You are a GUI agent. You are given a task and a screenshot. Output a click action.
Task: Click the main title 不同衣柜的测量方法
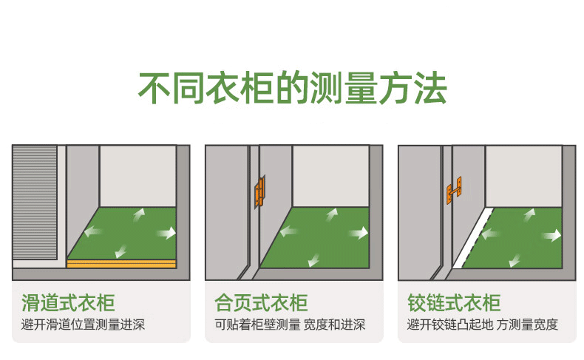[x=293, y=88]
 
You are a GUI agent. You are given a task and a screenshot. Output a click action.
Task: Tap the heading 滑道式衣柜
[x=68, y=302]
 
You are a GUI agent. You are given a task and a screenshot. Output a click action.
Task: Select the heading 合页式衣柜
[x=261, y=302]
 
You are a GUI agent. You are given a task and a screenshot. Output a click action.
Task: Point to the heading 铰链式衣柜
[x=454, y=302]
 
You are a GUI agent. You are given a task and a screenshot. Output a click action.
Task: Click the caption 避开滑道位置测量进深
[x=83, y=325]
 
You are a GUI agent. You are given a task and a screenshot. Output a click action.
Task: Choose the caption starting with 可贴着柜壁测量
[x=290, y=325]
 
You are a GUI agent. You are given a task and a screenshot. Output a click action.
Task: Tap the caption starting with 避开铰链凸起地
[x=483, y=325]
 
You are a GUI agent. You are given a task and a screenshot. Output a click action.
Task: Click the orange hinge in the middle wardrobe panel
[x=260, y=191]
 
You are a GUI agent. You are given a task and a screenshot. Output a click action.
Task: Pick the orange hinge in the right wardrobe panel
[x=455, y=191]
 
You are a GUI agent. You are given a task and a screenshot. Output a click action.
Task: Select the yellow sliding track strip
[x=121, y=264]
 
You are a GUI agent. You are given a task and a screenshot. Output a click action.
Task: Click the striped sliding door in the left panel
[x=35, y=202]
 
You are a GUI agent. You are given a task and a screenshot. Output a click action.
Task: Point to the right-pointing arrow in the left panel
[x=166, y=233]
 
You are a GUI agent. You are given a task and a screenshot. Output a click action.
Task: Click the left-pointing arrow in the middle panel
[x=288, y=231]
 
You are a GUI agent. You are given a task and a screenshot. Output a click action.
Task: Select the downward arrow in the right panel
[x=515, y=260]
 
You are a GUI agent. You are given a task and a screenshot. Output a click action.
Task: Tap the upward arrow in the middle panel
[x=331, y=215]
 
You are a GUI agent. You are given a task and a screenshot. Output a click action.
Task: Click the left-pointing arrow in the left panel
[x=93, y=231]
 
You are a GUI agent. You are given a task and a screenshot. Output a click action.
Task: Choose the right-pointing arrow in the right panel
[x=551, y=235]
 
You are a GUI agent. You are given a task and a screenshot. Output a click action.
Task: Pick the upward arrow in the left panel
[x=138, y=215]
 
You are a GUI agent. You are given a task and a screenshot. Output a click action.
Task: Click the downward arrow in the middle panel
[x=314, y=260]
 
